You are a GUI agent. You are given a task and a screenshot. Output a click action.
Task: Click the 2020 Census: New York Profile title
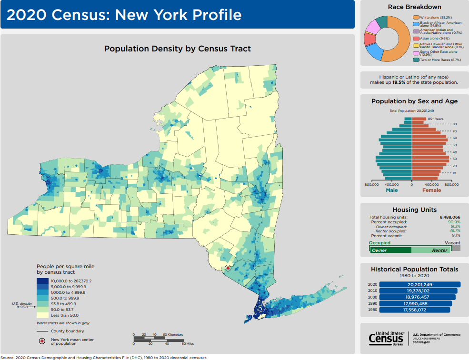[124, 15]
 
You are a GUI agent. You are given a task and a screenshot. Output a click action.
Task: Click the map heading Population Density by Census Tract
[177, 49]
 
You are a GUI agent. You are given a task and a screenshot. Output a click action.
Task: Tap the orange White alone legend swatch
[415, 17]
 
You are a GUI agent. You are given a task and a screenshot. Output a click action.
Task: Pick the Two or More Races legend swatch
[415, 60]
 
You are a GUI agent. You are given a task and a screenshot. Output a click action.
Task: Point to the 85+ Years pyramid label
[436, 119]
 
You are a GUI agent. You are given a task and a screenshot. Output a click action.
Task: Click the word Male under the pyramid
[391, 190]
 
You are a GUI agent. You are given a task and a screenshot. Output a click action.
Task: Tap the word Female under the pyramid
[431, 190]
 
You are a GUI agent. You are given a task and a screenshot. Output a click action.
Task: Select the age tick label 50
[455, 145]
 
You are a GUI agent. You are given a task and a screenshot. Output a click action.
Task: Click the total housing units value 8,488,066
[450, 217]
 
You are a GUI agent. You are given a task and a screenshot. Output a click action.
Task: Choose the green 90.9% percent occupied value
[454, 222]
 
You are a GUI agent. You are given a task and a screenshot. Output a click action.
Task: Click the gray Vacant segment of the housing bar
[456, 248]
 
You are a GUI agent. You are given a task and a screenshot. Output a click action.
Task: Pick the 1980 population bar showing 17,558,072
[414, 310]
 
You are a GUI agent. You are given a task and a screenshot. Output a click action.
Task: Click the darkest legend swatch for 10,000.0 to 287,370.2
[41, 281]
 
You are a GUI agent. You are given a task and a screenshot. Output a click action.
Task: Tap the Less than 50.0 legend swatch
[41, 315]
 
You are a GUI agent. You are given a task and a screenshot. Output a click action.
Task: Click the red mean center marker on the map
[228, 268]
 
